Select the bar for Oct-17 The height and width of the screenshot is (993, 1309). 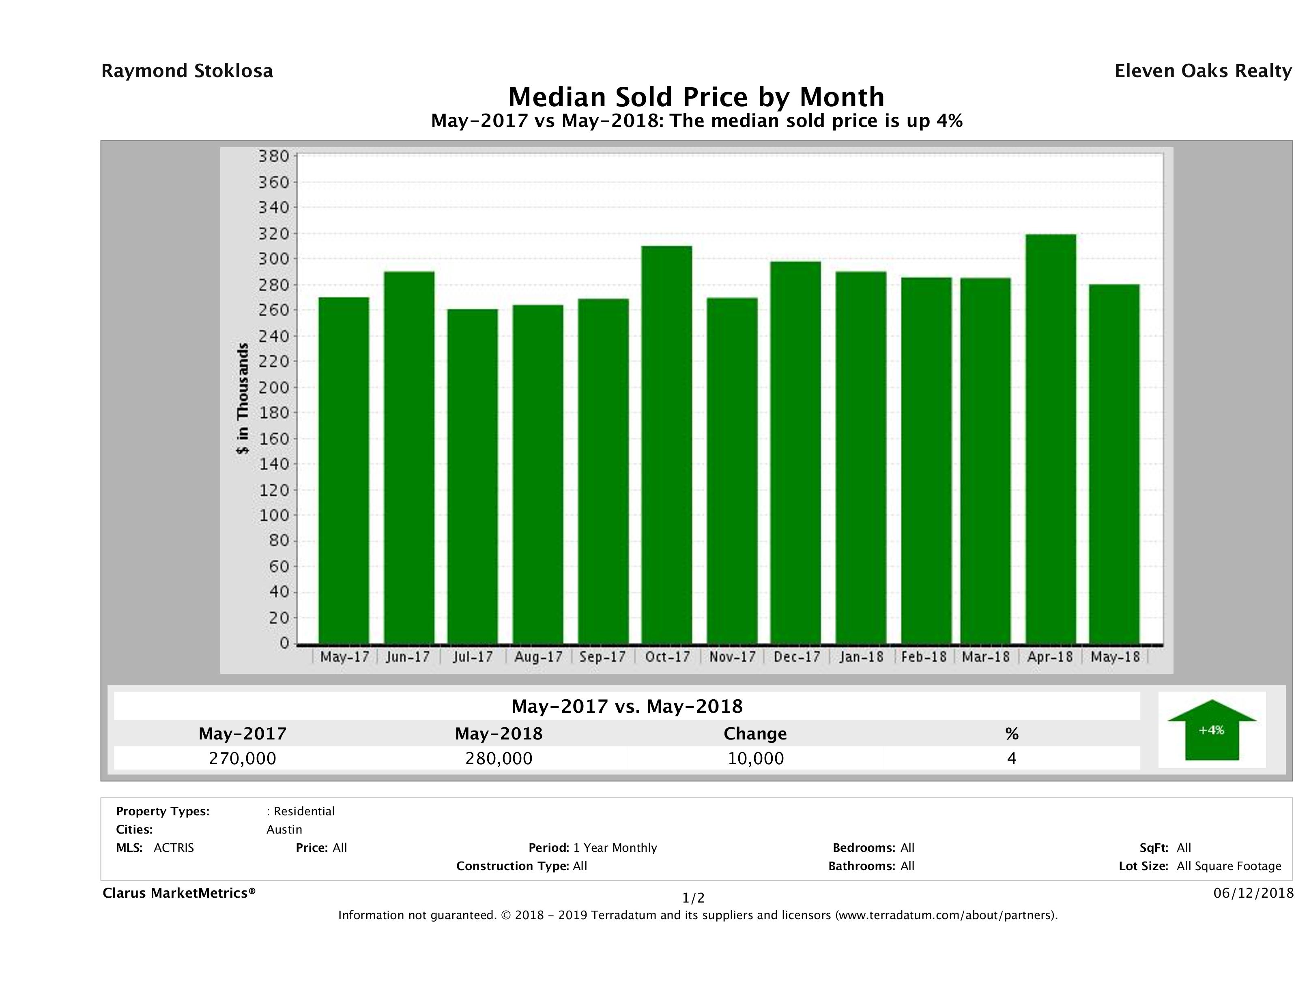click(x=667, y=444)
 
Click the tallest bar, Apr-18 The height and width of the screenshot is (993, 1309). click(x=1051, y=438)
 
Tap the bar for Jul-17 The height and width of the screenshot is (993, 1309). click(x=473, y=476)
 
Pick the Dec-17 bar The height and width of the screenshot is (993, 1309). click(x=796, y=452)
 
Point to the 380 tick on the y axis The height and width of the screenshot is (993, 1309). click(x=273, y=156)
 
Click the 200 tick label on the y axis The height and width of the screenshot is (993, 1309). click(x=273, y=388)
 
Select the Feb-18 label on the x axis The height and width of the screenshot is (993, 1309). click(x=924, y=657)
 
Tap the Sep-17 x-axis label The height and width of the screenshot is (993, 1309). click(x=602, y=657)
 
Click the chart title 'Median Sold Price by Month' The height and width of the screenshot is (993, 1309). click(x=696, y=97)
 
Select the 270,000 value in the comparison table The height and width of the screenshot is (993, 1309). click(x=243, y=758)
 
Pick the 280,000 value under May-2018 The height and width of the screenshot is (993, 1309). click(x=499, y=758)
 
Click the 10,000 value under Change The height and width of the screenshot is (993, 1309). click(x=756, y=758)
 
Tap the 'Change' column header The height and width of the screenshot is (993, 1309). click(x=755, y=734)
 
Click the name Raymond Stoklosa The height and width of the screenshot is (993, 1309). click(x=187, y=71)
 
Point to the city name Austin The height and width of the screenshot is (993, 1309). click(x=284, y=830)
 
